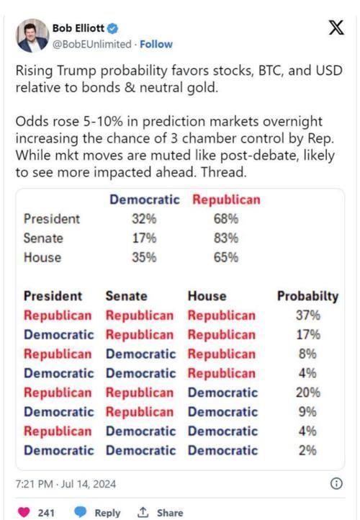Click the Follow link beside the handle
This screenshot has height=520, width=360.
coord(156,44)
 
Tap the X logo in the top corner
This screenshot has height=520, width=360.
coord(336,27)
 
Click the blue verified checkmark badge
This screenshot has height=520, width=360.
coord(113,29)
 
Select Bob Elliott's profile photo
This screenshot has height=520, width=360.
coord(32,35)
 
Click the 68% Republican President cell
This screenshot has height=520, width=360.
coord(226,219)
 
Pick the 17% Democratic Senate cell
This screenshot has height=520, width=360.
coord(144,238)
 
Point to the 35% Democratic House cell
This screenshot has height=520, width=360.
coord(144,257)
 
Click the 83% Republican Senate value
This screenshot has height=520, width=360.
coord(226,238)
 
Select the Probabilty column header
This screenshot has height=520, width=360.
coord(308,296)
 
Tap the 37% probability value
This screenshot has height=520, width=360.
coord(308,315)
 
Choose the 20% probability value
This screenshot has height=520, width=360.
coord(308,393)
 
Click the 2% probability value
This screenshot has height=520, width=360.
coord(307,450)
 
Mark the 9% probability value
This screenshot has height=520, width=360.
coord(307,412)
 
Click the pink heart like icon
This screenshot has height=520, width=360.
coord(24,512)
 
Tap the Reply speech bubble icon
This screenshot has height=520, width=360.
coord(80,512)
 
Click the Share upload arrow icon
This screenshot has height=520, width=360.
coord(143,512)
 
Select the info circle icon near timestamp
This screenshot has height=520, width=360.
coord(336,483)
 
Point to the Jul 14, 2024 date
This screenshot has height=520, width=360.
coord(88,484)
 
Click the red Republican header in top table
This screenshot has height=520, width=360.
coord(226,200)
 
